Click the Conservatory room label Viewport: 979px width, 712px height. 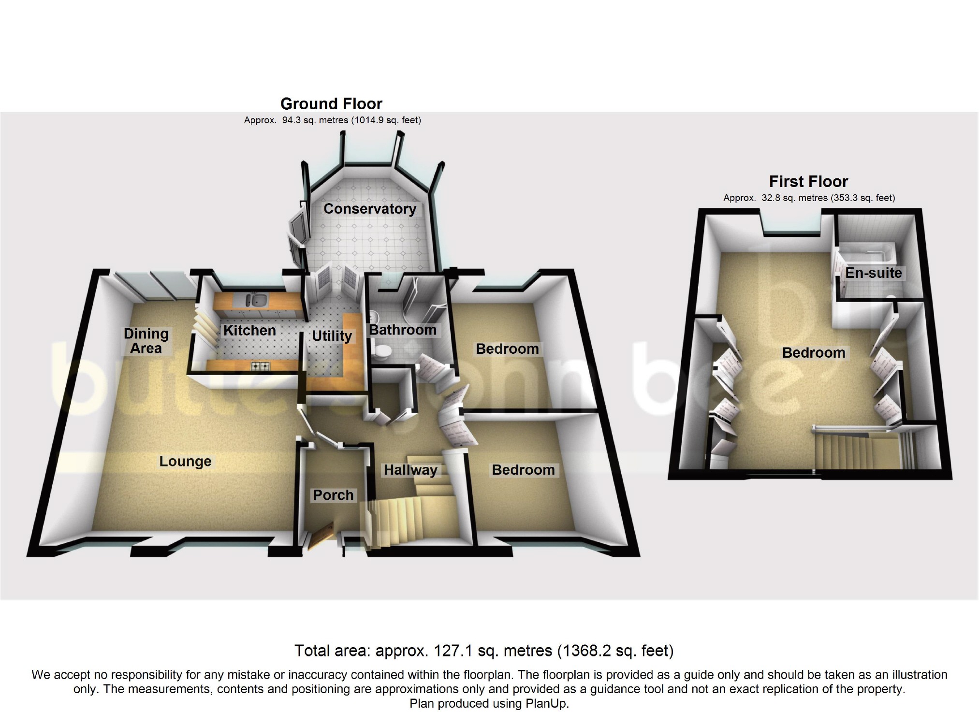click(x=370, y=209)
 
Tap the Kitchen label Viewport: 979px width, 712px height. click(x=249, y=331)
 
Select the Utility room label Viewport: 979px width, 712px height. click(x=332, y=336)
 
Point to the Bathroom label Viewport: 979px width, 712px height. click(x=403, y=330)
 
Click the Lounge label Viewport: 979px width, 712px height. click(x=185, y=462)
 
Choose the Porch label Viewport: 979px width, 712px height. click(x=333, y=495)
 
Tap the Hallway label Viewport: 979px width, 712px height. click(x=410, y=470)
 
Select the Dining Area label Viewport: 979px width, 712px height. click(x=146, y=341)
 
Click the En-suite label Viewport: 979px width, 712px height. click(x=873, y=273)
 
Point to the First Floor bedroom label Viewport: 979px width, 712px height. click(x=814, y=353)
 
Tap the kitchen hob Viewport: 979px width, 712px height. click(x=260, y=366)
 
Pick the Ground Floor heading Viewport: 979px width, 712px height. click(x=331, y=104)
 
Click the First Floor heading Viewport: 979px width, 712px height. click(x=808, y=182)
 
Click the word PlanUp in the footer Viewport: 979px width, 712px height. click(x=545, y=703)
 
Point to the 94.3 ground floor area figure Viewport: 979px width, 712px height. click(x=292, y=120)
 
